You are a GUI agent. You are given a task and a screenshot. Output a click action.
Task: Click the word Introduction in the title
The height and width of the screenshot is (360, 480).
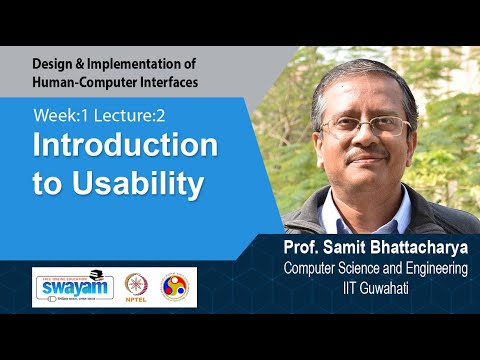pos(126,146)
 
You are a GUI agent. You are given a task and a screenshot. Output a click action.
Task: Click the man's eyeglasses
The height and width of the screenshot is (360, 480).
pos(366,126)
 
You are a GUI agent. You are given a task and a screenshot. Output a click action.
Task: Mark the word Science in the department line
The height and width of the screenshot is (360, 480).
pos(365,269)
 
